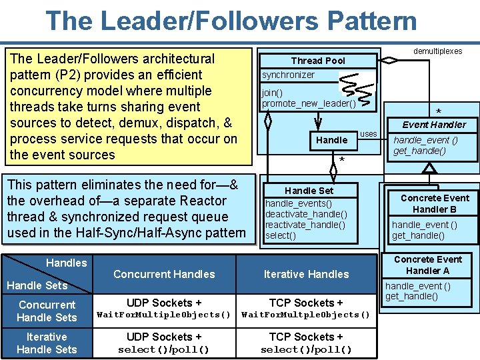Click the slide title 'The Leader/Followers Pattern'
(x=231, y=21)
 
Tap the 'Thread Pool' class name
(x=318, y=61)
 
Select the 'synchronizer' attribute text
(x=288, y=75)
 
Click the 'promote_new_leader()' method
(x=309, y=103)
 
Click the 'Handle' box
(x=331, y=140)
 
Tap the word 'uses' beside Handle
(x=368, y=134)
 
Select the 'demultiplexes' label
(x=437, y=51)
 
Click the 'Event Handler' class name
(x=434, y=125)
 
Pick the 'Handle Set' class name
(x=309, y=191)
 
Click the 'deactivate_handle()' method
(x=306, y=214)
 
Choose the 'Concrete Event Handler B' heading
(x=435, y=203)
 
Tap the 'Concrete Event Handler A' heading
(x=428, y=265)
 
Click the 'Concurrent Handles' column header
(x=164, y=274)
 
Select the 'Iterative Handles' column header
(x=306, y=274)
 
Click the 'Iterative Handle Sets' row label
(x=47, y=343)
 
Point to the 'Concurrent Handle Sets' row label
(x=47, y=311)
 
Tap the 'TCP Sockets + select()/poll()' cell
(x=306, y=343)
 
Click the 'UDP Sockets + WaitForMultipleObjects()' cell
(x=164, y=309)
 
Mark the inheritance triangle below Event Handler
(x=430, y=168)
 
